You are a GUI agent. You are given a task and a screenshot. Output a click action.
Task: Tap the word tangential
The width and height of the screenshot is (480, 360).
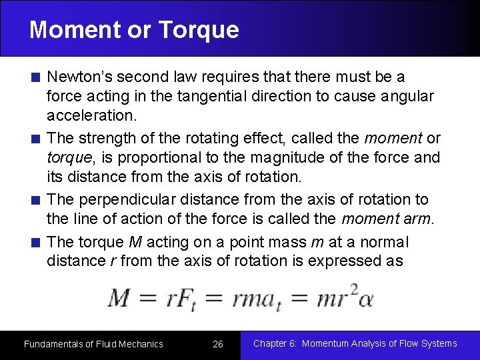pos(209,96)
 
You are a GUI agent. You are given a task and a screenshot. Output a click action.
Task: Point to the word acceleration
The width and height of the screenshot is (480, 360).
pos(91,115)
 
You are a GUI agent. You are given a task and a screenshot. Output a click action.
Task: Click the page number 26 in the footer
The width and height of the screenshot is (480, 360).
pos(218,344)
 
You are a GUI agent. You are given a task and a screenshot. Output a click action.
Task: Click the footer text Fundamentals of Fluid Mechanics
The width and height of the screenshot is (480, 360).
pos(93,344)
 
